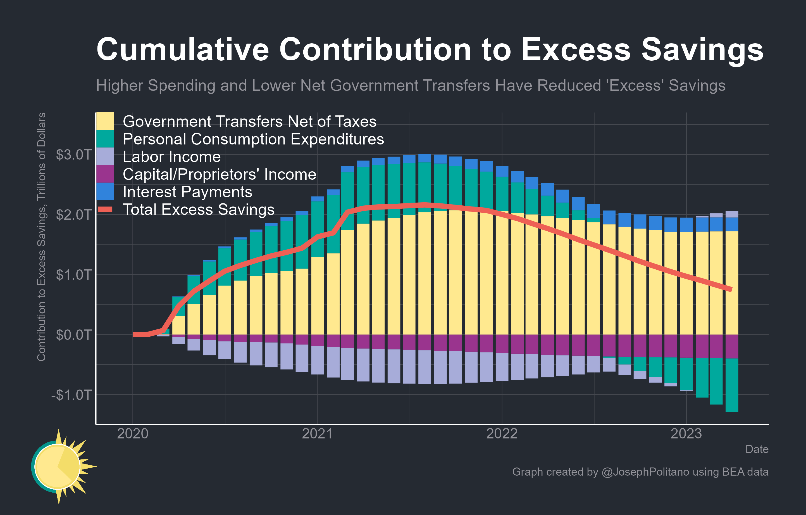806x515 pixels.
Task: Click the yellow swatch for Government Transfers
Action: pyautogui.click(x=105, y=121)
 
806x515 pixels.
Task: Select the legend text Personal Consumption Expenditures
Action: pyautogui.click(x=253, y=139)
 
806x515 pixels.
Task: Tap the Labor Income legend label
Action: pyautogui.click(x=172, y=157)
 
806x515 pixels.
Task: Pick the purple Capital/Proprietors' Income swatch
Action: pyautogui.click(x=105, y=174)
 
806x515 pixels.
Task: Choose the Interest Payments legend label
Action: pyautogui.click(x=187, y=192)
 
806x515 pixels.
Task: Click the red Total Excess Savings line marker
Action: pyautogui.click(x=105, y=210)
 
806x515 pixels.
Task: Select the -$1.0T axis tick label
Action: pyautogui.click(x=71, y=395)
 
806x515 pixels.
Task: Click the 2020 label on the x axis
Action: pyautogui.click(x=133, y=434)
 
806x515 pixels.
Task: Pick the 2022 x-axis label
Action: pyautogui.click(x=502, y=434)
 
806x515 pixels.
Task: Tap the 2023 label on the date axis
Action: pyautogui.click(x=686, y=434)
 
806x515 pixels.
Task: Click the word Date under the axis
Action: pyautogui.click(x=757, y=449)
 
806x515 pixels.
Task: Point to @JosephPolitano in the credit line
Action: pyautogui.click(x=645, y=471)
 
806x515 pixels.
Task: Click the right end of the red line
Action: pyautogui.click(x=731, y=289)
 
